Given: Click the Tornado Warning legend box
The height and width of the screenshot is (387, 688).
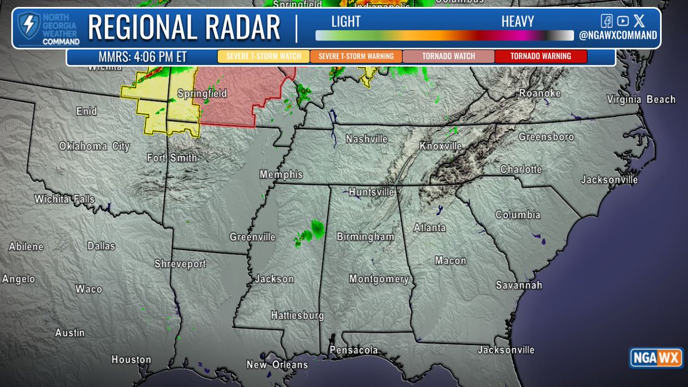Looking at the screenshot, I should [x=541, y=56].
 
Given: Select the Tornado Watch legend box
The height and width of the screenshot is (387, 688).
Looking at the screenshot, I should [x=448, y=56].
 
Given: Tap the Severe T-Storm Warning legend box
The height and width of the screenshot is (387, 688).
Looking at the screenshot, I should [x=355, y=56].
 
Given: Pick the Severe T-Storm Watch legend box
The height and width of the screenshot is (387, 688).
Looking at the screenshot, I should [x=263, y=56].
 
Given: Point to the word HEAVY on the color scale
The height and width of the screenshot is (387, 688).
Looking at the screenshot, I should [x=517, y=22].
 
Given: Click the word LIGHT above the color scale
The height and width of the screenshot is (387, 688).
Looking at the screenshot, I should [x=346, y=22].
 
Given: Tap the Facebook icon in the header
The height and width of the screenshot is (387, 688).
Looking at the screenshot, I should [x=607, y=21].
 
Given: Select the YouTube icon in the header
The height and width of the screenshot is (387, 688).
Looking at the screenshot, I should [x=623, y=21].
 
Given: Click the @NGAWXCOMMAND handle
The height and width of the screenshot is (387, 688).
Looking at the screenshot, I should [x=617, y=36].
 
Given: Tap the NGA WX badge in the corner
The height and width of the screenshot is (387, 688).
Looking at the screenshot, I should [x=656, y=358].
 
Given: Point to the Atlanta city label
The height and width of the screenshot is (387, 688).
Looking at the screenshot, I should [x=429, y=228].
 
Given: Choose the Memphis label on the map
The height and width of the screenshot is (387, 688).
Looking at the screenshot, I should [x=281, y=174].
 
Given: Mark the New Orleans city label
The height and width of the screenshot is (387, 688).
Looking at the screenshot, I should [x=277, y=365].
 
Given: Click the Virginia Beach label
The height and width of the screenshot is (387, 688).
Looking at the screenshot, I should [x=641, y=100].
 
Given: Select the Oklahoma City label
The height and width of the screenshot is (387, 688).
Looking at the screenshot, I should [x=94, y=146].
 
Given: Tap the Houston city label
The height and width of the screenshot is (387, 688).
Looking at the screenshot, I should [x=131, y=360].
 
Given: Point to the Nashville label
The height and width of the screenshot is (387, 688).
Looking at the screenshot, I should [x=366, y=139].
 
